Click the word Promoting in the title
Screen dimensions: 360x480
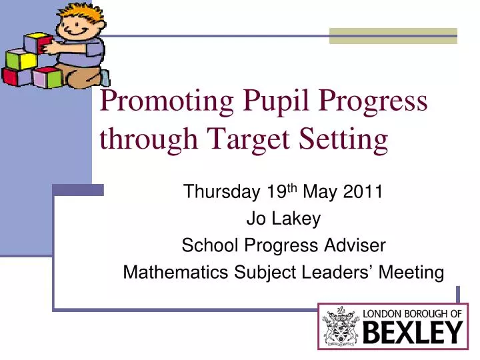[166, 101]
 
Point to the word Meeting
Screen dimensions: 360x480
[411, 272]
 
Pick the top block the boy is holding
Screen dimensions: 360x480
[38, 44]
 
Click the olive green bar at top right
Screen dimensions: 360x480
[393, 37]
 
